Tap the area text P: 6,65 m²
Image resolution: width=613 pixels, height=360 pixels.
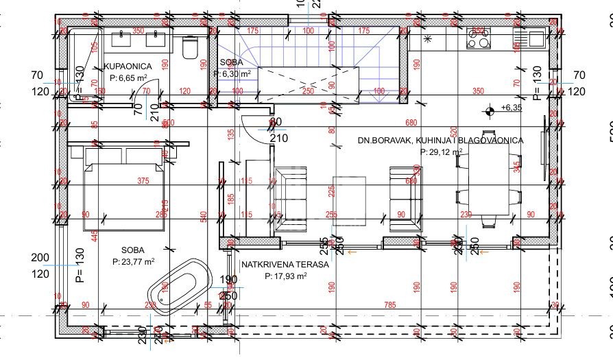pyautogui.click(x=128, y=78)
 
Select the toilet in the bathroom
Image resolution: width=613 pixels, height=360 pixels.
pyautogui.click(x=191, y=47)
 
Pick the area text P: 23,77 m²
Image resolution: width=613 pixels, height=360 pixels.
pyautogui.click(x=137, y=261)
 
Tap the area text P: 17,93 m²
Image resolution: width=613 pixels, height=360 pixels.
pyautogui.click(x=285, y=276)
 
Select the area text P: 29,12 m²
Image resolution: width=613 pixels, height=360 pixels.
pyautogui.click(x=441, y=152)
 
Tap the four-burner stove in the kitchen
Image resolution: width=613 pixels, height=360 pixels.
pyautogui.click(x=478, y=38)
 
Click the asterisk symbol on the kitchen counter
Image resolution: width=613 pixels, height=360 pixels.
pyautogui.click(x=429, y=39)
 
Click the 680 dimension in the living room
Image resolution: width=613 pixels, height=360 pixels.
pyautogui.click(x=411, y=123)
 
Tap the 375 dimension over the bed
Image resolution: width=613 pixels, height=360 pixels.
pyautogui.click(x=143, y=181)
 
